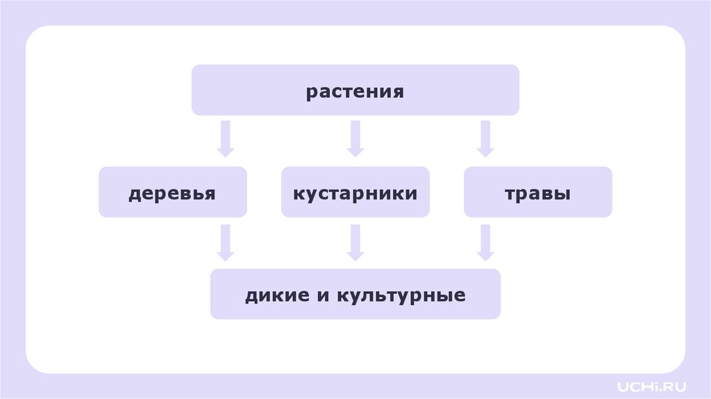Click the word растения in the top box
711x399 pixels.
[355, 92]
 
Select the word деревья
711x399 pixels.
[172, 193]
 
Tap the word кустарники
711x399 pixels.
[355, 193]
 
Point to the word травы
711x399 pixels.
[537, 193]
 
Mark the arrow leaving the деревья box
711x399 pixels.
[224, 242]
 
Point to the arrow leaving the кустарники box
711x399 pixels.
[355, 242]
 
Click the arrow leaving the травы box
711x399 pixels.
[485, 242]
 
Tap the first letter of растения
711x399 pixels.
[311, 93]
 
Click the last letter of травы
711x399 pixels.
[564, 194]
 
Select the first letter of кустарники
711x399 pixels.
[296, 194]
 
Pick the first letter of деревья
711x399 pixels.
[133, 195]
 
